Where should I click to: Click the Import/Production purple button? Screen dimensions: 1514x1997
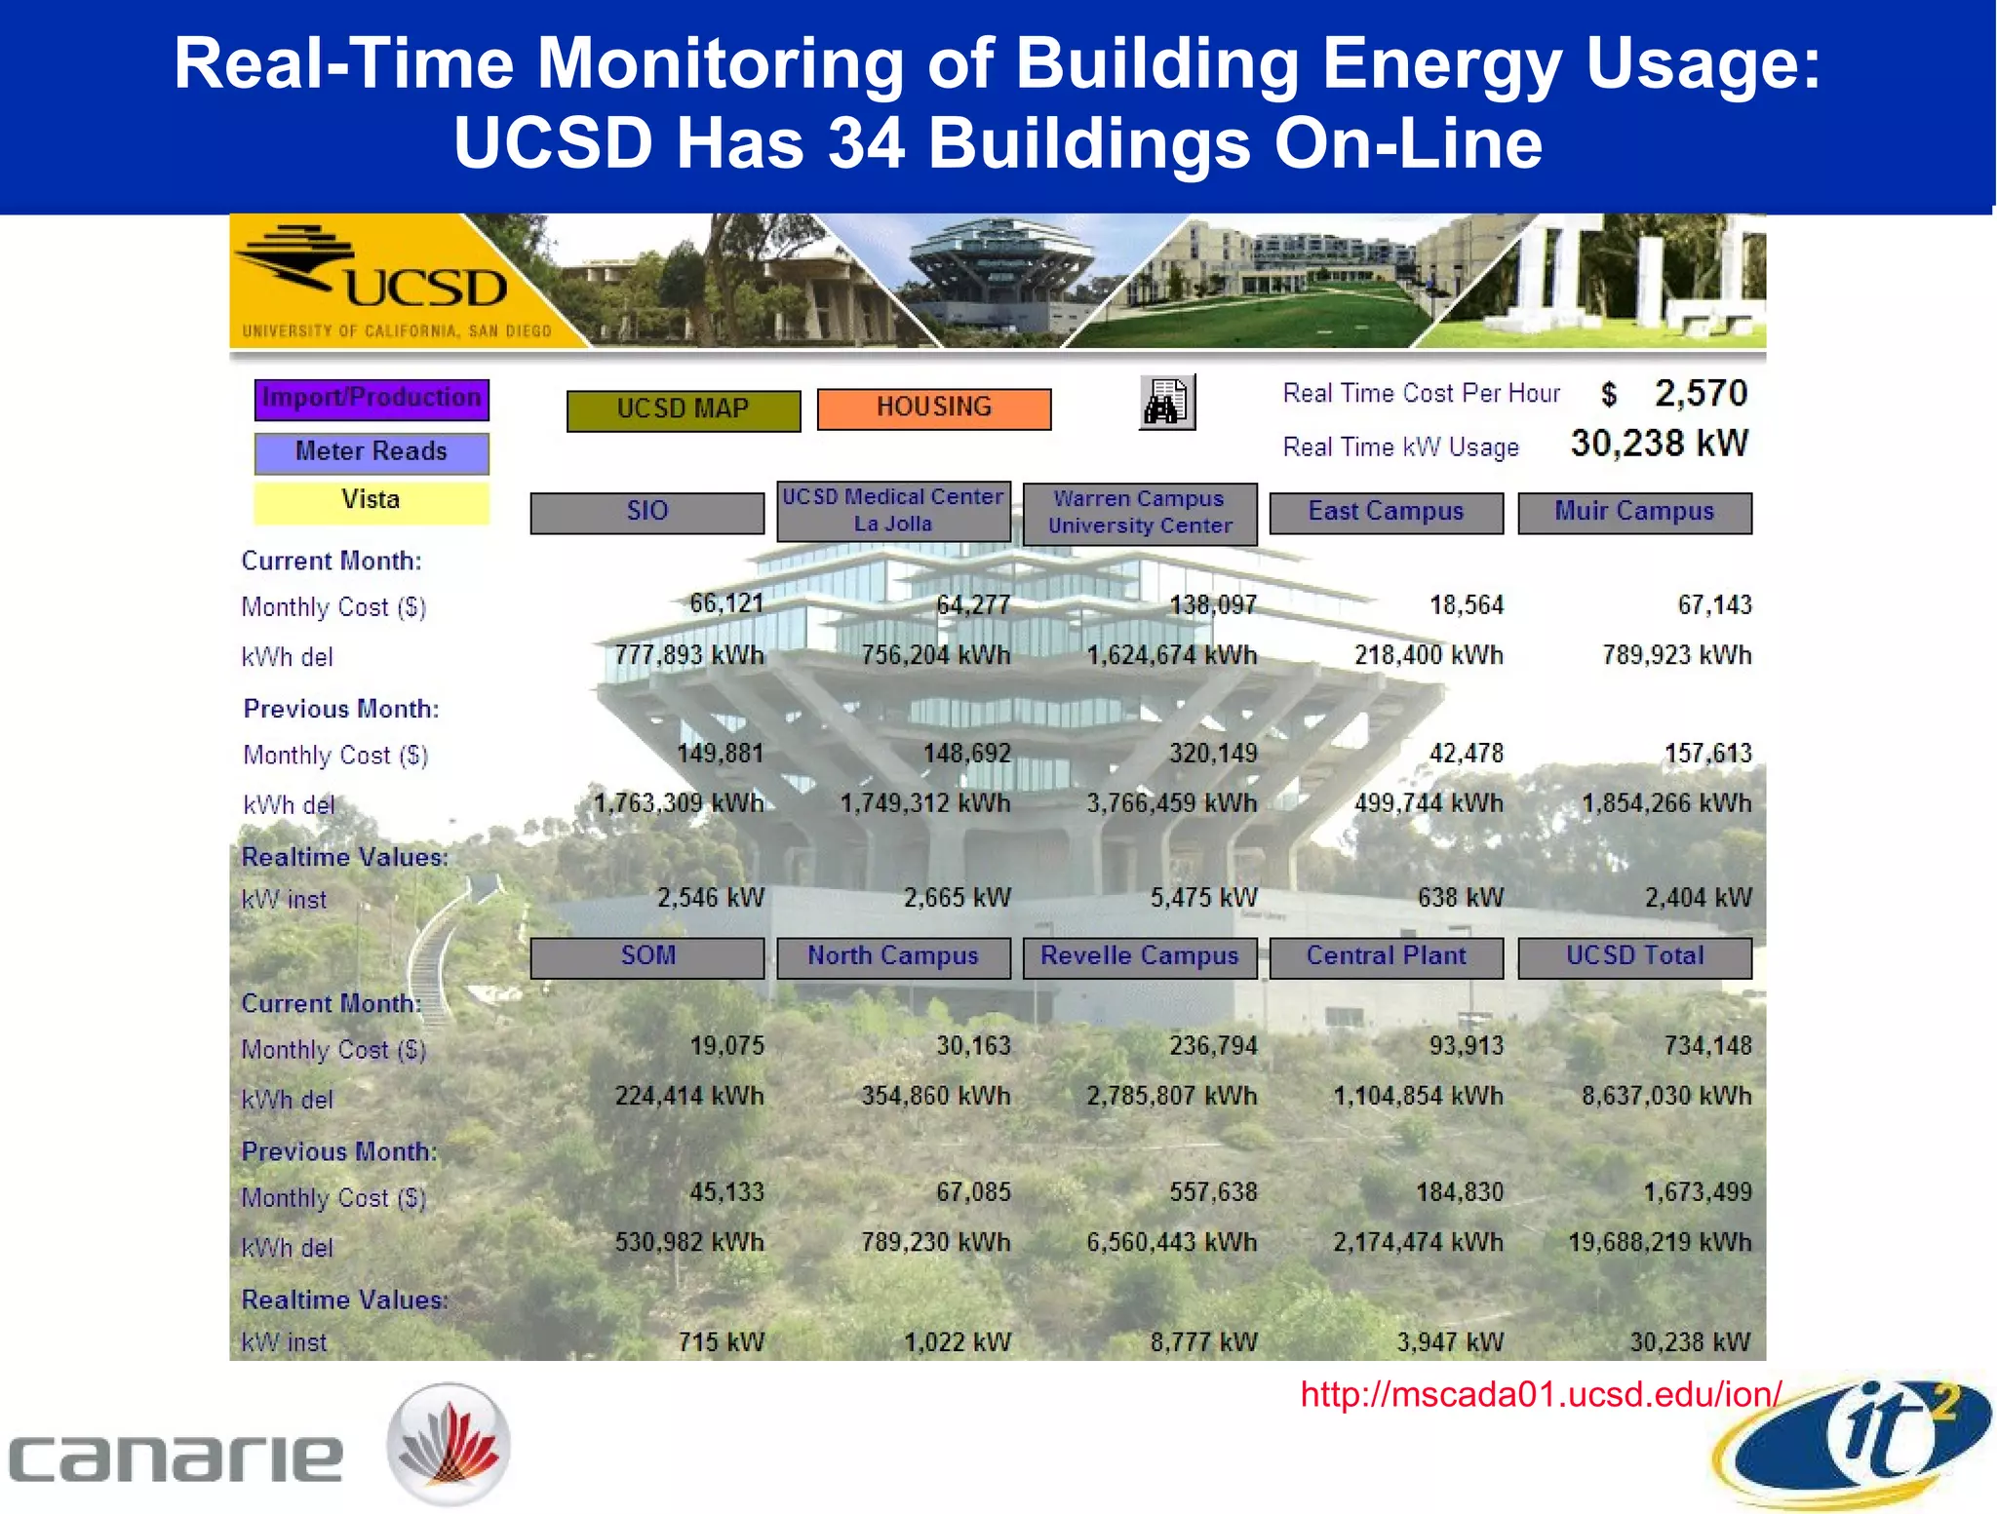(372, 399)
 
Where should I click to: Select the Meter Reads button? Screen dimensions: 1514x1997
(372, 452)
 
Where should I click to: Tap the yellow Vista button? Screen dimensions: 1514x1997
(372, 501)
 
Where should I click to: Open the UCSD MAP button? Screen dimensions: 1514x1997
(683, 409)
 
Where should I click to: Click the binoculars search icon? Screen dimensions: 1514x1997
(1166, 402)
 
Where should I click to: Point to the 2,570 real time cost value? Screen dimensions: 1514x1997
(1700, 394)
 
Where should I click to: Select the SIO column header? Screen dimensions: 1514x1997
(646, 512)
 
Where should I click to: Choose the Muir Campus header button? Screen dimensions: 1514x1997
(1634, 512)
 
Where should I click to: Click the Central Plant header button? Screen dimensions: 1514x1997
(1386, 956)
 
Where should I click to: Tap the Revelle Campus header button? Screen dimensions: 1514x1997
(1139, 956)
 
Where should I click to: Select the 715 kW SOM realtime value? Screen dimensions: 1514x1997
(721, 1342)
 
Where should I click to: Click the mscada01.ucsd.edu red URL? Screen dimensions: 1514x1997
(1540, 1394)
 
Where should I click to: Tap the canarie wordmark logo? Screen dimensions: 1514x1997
(176, 1457)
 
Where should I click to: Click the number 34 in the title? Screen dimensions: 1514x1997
(866, 143)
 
